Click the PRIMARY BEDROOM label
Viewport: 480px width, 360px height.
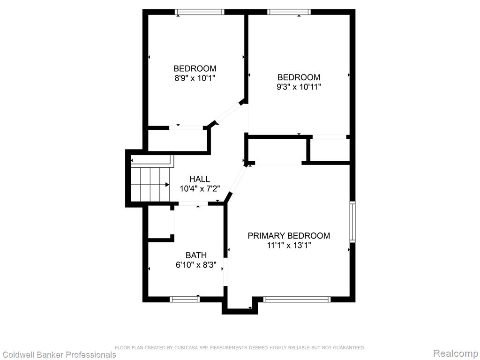pos(289,236)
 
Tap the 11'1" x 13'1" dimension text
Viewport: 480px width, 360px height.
pos(289,246)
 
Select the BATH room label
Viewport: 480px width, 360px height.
pos(196,255)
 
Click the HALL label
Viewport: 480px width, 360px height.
pos(200,179)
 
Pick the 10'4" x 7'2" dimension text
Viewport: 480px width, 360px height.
pos(200,189)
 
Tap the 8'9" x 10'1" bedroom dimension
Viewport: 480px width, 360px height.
pos(195,78)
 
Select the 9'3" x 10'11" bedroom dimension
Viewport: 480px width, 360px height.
pos(299,87)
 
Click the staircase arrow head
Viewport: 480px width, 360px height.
pos(167,185)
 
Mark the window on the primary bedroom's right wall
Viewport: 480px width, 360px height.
pos(352,222)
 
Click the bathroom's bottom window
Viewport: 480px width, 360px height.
pos(185,299)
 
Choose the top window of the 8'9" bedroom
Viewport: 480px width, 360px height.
pos(200,12)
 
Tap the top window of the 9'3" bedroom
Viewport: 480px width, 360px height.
pos(289,12)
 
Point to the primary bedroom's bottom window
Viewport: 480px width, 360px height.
pos(297,299)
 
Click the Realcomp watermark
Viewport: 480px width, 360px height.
pos(456,353)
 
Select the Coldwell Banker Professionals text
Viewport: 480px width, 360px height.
pos(58,355)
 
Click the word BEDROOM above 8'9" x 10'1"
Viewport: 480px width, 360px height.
pos(195,68)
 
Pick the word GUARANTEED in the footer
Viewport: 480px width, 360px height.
pos(348,347)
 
